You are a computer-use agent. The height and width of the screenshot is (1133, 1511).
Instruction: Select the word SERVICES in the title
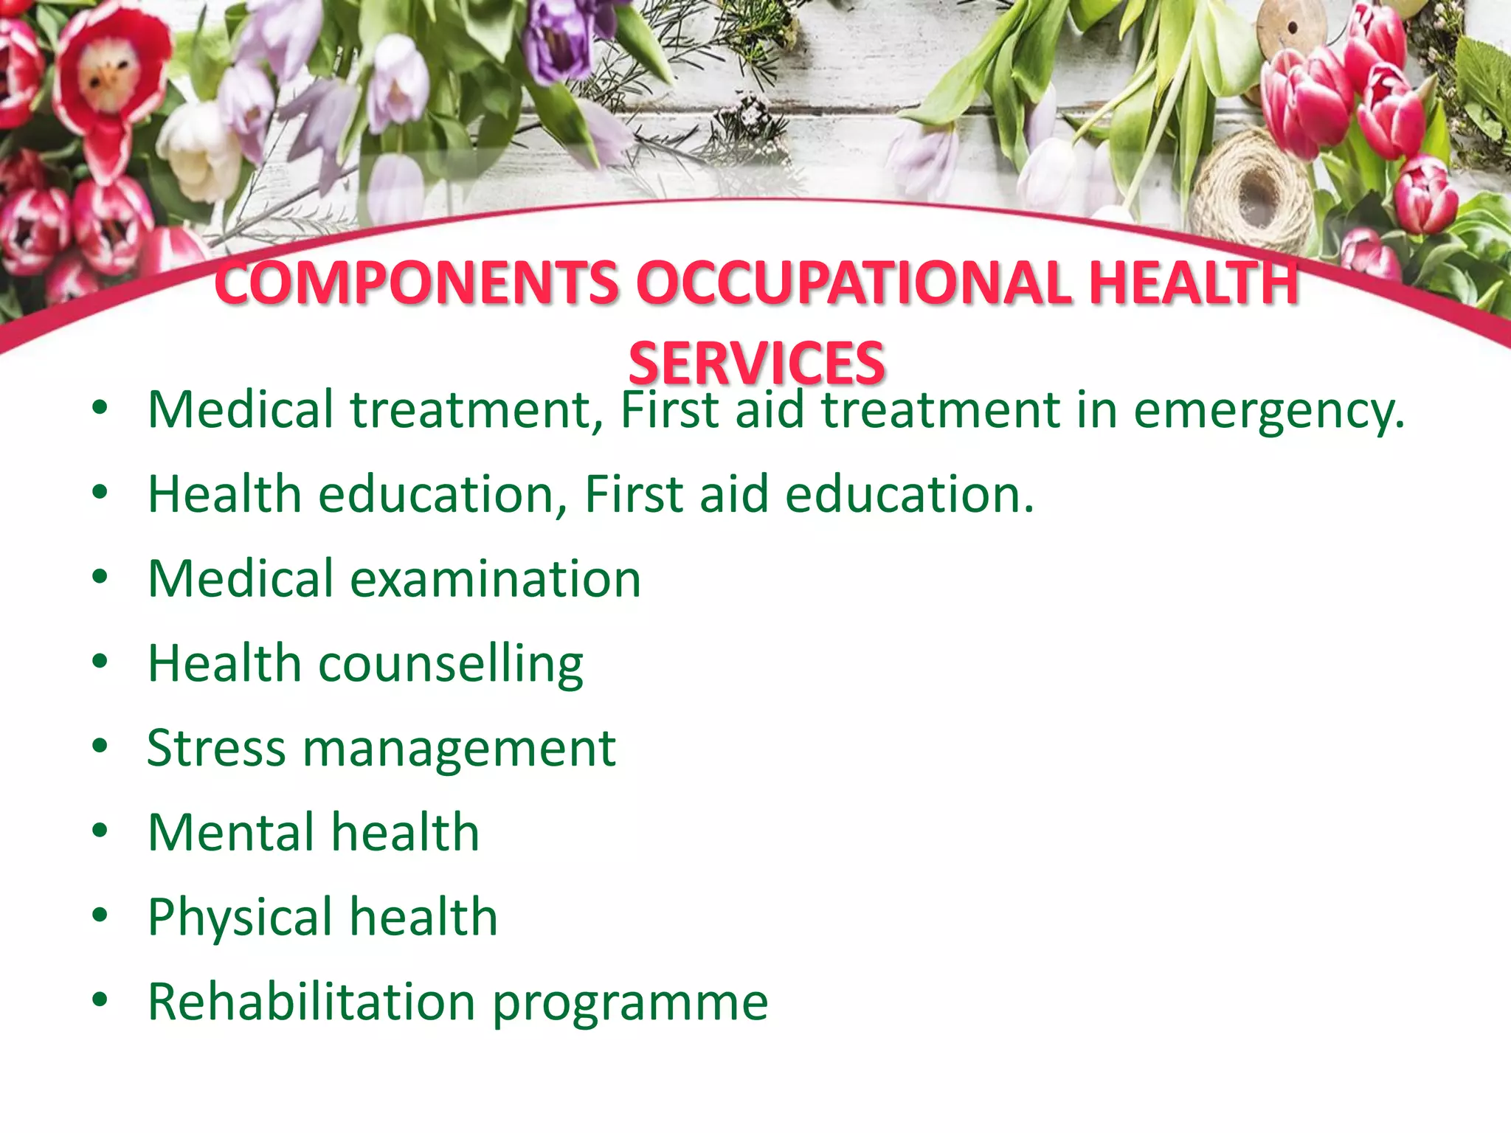click(x=756, y=364)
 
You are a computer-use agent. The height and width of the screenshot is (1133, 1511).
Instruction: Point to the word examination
click(x=495, y=578)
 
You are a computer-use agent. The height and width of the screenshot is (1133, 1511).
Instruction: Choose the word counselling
click(x=451, y=663)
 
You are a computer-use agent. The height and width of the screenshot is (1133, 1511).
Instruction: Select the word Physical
click(x=241, y=917)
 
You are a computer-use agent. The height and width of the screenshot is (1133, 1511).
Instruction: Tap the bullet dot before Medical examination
click(x=100, y=578)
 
